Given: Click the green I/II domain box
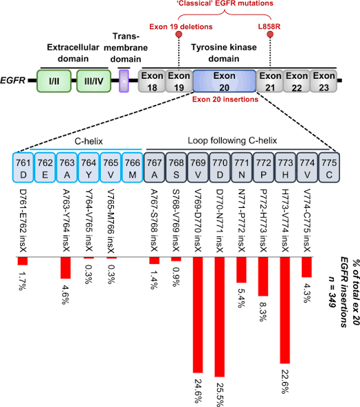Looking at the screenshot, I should tap(55, 80).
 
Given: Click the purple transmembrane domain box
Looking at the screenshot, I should tap(124, 80).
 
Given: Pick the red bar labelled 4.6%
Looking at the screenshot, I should tap(66, 267).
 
